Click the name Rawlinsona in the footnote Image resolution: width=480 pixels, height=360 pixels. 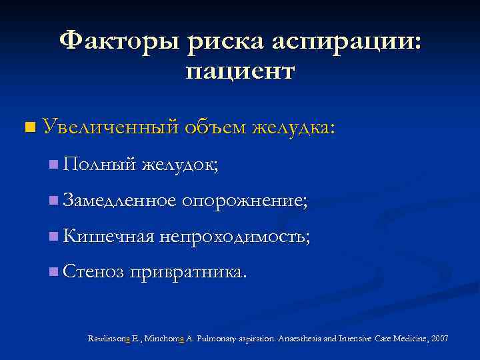112,339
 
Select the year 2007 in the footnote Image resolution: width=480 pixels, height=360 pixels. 439,339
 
